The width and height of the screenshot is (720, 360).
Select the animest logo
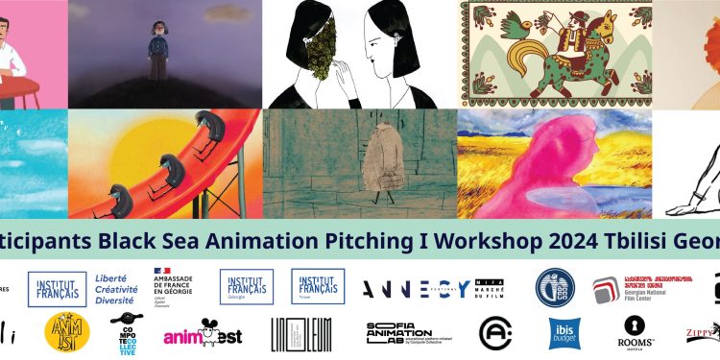pyautogui.click(x=202, y=333)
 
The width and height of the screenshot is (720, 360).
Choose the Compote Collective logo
pyautogui.click(x=124, y=332)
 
